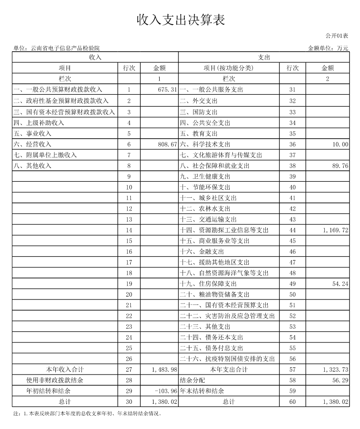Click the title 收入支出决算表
pyautogui.click(x=181, y=20)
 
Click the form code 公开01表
pyautogui.click(x=337, y=36)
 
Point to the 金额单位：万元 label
pyautogui.click(x=328, y=48)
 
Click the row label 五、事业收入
pyautogui.click(x=33, y=134)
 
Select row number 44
pyautogui.click(x=293, y=230)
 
